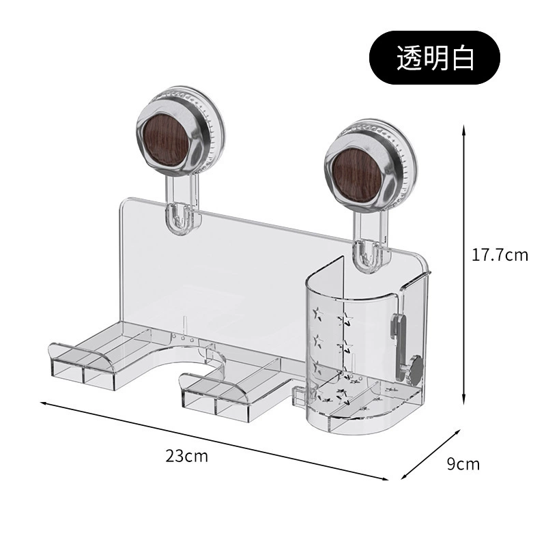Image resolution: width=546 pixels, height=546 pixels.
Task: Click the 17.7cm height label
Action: tap(500, 255)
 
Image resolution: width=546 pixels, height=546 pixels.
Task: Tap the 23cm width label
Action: tap(186, 455)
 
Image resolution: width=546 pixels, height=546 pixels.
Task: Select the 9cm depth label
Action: tap(463, 464)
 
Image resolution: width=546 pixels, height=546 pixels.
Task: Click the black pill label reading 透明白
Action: tap(435, 58)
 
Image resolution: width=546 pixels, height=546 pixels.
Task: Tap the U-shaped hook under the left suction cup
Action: tap(178, 219)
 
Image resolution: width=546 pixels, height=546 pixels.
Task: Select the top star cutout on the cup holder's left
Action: tap(317, 313)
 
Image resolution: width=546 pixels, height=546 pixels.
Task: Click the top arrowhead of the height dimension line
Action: tap(463, 130)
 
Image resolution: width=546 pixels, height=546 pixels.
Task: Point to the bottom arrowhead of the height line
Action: tap(463, 401)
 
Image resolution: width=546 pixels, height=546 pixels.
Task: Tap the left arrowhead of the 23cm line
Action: tap(44, 403)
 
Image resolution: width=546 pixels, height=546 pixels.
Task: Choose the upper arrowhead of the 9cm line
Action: tap(456, 433)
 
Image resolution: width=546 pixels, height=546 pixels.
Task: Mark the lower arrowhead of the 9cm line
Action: tap(405, 476)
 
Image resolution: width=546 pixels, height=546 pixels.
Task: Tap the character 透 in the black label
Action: tap(409, 58)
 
